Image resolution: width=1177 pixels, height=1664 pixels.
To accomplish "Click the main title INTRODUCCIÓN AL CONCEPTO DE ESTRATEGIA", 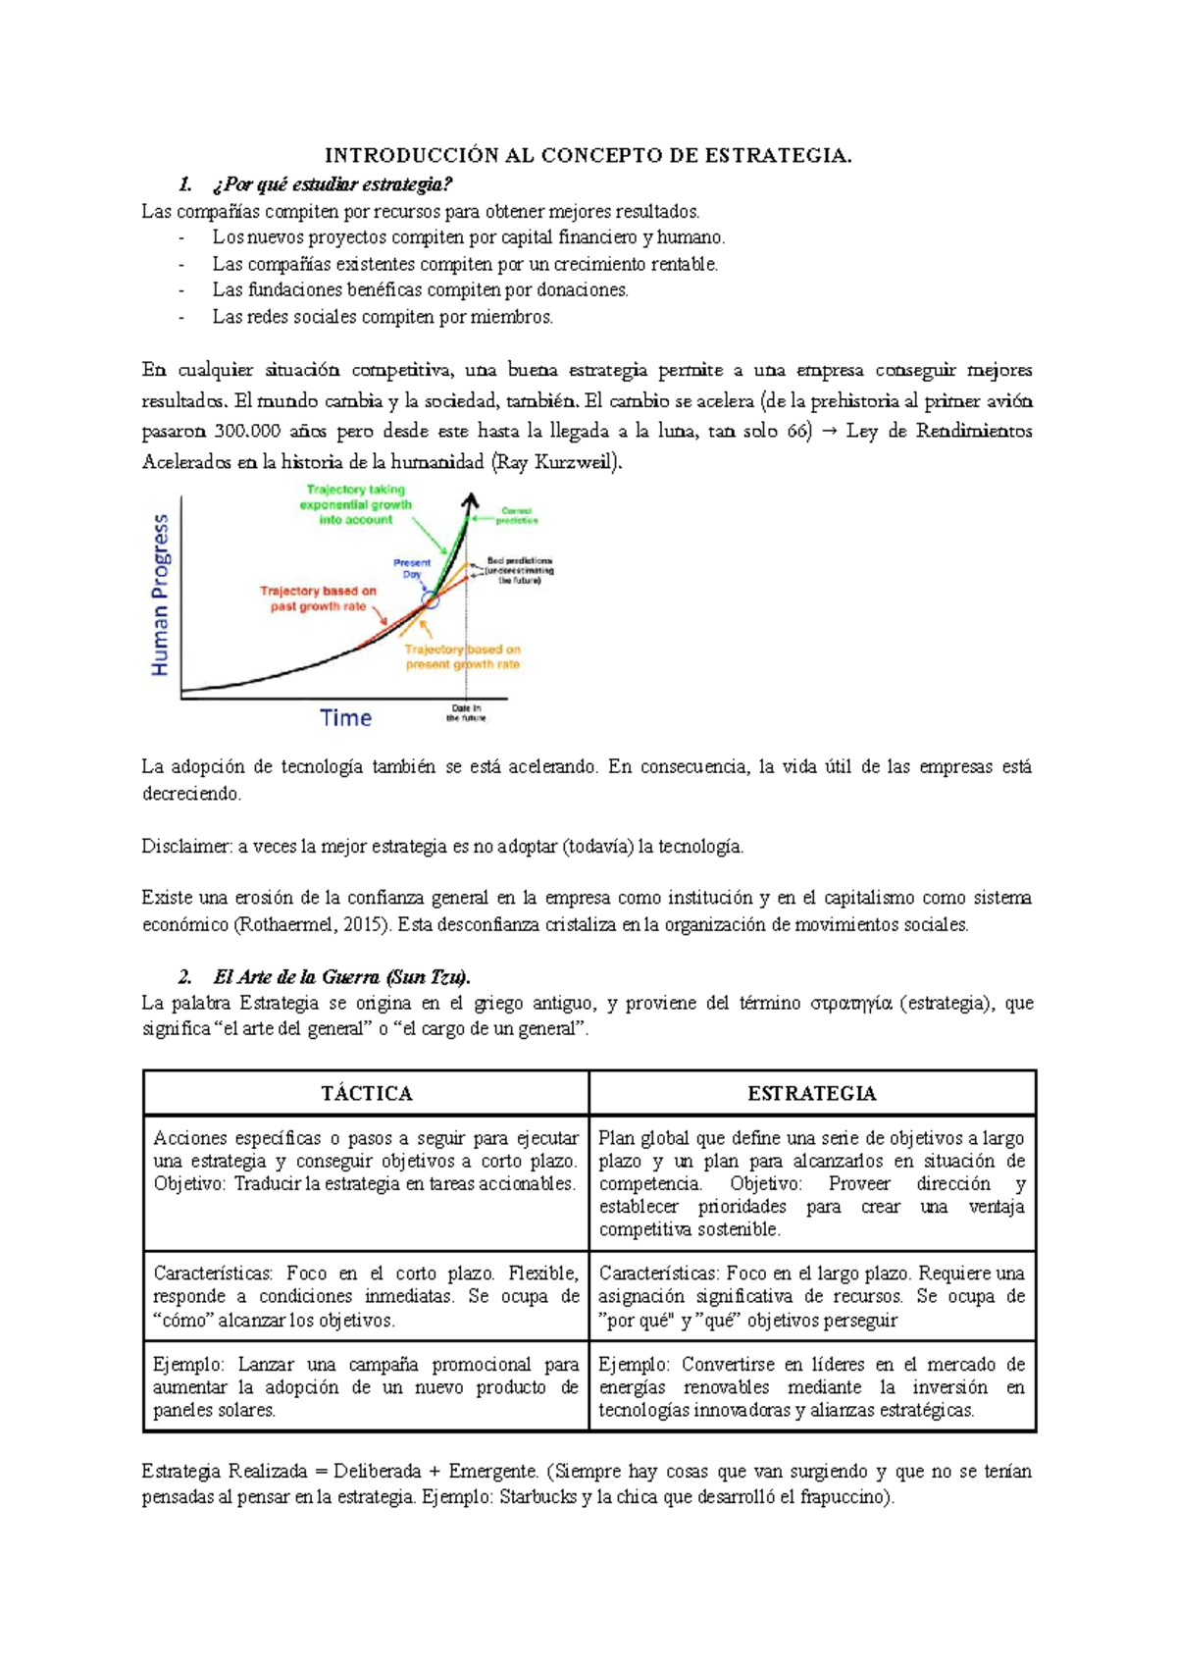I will click(x=588, y=155).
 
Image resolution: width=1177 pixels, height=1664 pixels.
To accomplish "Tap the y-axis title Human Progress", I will click(x=160, y=596).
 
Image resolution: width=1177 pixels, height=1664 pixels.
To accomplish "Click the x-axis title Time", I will click(x=345, y=718).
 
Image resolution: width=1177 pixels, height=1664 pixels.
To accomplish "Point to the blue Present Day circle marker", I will click(x=430, y=598).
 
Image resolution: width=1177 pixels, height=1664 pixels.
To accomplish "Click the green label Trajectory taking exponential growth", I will click(x=355, y=504).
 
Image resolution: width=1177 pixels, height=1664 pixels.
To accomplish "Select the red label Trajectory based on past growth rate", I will click(x=318, y=598).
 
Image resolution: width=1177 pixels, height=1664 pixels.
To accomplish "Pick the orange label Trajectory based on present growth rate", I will click(x=463, y=656).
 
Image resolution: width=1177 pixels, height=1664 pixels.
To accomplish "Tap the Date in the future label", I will click(x=466, y=713).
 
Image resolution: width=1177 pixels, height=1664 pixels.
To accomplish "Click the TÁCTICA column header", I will click(x=366, y=1094).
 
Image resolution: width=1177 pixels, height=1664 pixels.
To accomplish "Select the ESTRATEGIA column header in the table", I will click(x=811, y=1094).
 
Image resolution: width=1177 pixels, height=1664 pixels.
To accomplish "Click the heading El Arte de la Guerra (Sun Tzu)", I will click(x=341, y=977).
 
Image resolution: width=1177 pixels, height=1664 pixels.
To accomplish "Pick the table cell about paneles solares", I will click(x=366, y=1387).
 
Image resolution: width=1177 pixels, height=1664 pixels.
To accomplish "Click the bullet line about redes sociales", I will click(x=383, y=317).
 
